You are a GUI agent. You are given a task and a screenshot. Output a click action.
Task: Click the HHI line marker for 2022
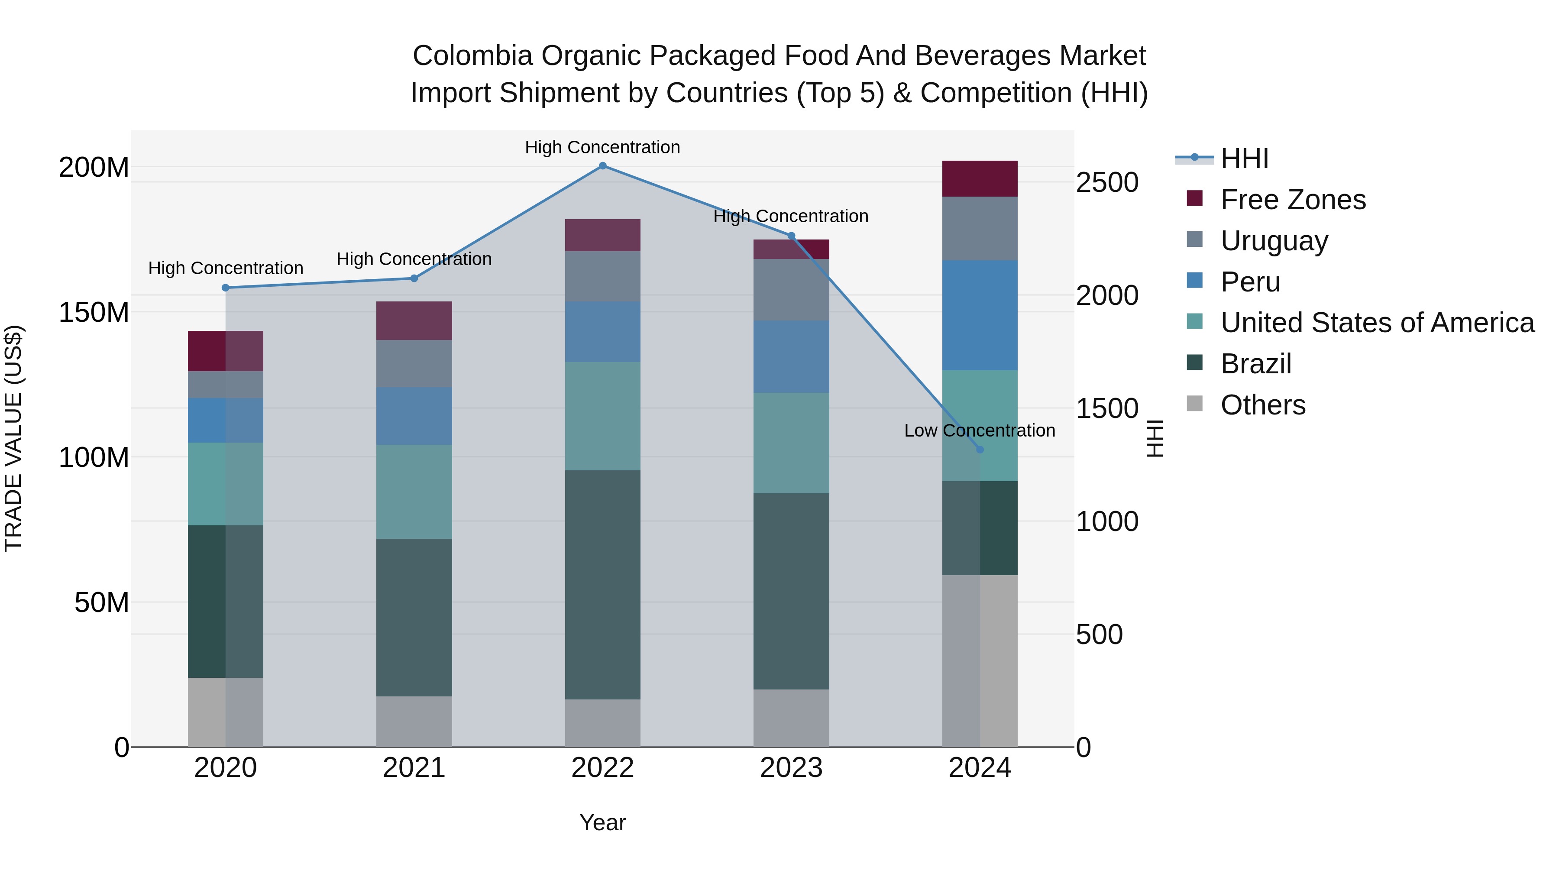(x=602, y=166)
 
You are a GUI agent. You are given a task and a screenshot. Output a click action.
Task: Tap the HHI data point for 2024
(x=980, y=450)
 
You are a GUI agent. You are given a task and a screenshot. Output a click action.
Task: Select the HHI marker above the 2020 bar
(x=226, y=288)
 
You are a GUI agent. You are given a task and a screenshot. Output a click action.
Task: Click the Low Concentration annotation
(x=979, y=431)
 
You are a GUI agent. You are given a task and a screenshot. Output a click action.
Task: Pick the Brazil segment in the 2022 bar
(x=602, y=584)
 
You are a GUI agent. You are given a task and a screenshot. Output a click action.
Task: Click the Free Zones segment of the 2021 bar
(x=414, y=321)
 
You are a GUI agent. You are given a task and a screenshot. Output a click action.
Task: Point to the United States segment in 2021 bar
(x=414, y=492)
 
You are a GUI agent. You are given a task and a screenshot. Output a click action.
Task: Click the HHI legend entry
(x=1244, y=159)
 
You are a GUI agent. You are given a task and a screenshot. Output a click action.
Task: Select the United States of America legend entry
(x=1377, y=323)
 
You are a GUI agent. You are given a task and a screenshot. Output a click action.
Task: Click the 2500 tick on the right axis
(x=1107, y=183)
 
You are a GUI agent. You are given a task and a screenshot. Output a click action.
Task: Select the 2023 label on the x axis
(x=791, y=768)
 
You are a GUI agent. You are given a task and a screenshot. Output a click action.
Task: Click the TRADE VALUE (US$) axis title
(x=13, y=438)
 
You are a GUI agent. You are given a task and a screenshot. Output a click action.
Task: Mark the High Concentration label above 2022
(x=602, y=148)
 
